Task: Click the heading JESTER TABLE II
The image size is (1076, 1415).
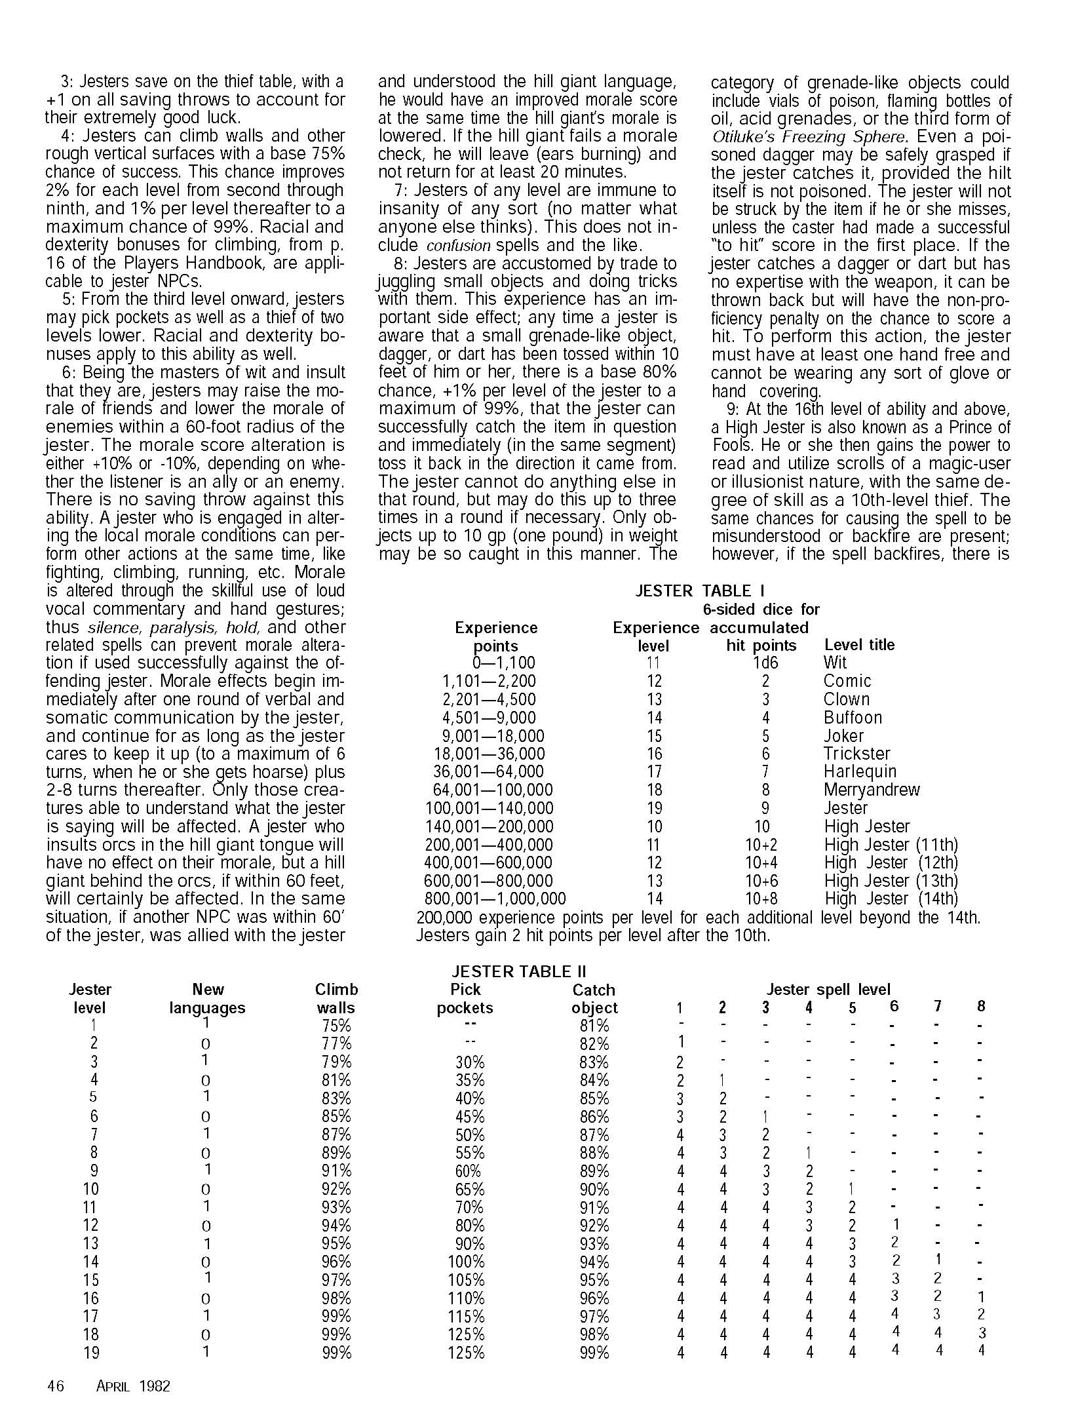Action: coord(519,971)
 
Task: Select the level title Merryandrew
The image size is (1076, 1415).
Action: coord(872,790)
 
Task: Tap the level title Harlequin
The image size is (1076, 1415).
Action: coord(860,771)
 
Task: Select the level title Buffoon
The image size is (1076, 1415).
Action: coord(853,718)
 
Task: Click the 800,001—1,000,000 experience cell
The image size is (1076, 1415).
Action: coord(495,899)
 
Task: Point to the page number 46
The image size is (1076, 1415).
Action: coord(56,1386)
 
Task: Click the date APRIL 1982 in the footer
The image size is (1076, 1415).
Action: coord(133,1386)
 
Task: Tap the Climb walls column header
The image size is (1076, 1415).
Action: coord(336,998)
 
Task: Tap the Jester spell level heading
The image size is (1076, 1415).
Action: coord(828,989)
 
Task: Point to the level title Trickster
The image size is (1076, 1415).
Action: coord(856,754)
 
